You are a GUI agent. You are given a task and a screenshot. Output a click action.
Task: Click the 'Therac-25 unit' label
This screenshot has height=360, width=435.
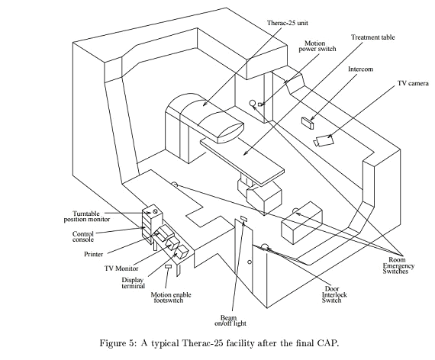point(288,23)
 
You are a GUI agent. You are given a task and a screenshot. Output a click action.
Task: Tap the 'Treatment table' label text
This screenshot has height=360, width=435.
point(372,37)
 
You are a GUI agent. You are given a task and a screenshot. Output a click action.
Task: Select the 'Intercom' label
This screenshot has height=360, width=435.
point(360,69)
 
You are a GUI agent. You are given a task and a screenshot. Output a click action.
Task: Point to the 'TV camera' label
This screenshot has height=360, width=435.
point(413,83)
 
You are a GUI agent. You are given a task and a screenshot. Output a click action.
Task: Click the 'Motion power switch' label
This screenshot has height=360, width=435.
point(317,47)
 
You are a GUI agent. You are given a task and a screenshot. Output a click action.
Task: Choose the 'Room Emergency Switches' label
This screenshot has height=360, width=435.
point(398,265)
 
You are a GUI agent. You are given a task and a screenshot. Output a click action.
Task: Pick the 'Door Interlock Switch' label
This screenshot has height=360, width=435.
point(334,294)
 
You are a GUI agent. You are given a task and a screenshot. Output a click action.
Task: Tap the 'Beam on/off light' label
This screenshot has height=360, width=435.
point(230,320)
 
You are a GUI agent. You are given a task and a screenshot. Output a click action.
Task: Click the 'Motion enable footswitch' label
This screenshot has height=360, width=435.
point(171,297)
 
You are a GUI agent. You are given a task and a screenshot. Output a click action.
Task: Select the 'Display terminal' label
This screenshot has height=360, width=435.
point(133,283)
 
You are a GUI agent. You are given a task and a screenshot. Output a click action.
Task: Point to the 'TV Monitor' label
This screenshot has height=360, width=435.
point(121,268)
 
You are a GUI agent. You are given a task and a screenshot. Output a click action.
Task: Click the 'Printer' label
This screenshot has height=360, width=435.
point(94,254)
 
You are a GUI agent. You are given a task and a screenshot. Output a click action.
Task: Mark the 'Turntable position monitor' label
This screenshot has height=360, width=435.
point(87,217)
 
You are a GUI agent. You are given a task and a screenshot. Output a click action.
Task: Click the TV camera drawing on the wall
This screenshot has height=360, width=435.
point(324,140)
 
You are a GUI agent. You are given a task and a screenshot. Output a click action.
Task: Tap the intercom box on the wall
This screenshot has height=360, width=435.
point(308,123)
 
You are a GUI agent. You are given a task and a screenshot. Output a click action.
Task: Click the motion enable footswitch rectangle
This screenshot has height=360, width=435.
point(168,267)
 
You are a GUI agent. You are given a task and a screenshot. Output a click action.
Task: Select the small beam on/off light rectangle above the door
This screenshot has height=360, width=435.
point(243,219)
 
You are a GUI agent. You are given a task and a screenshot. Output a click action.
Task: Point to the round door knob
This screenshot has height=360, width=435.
point(250,262)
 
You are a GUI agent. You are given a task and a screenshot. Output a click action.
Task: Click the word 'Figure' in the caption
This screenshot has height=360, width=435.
point(113,343)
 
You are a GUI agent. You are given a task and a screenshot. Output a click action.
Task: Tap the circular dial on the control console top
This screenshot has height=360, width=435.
point(155,211)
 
